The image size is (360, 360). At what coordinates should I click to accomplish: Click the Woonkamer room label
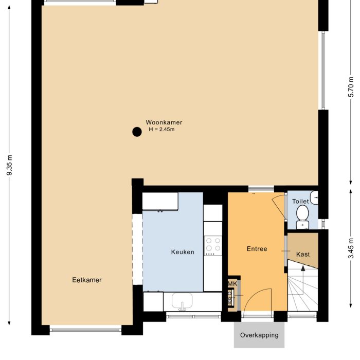pos(164,122)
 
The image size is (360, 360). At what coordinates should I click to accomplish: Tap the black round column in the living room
pos(137,132)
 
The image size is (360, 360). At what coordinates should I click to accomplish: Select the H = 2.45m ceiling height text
pos(161,130)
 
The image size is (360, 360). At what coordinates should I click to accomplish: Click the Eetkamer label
pos(86,280)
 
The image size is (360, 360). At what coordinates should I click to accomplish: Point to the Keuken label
pos(183,252)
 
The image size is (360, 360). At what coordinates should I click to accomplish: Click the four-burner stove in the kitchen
pos(213,246)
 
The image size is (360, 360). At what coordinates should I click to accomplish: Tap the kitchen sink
pos(182,301)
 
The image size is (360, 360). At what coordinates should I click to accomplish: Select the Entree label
pos(257,249)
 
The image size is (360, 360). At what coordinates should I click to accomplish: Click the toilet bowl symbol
pos(302,214)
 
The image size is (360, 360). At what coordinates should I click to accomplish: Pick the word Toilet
pos(300,202)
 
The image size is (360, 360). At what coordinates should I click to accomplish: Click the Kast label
pos(303,254)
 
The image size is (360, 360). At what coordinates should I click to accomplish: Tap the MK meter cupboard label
pos(232,284)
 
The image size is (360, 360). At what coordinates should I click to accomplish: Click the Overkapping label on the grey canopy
pos(259,335)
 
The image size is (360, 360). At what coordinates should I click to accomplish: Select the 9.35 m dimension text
pos(9,165)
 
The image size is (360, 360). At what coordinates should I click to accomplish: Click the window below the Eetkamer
pos(85,329)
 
